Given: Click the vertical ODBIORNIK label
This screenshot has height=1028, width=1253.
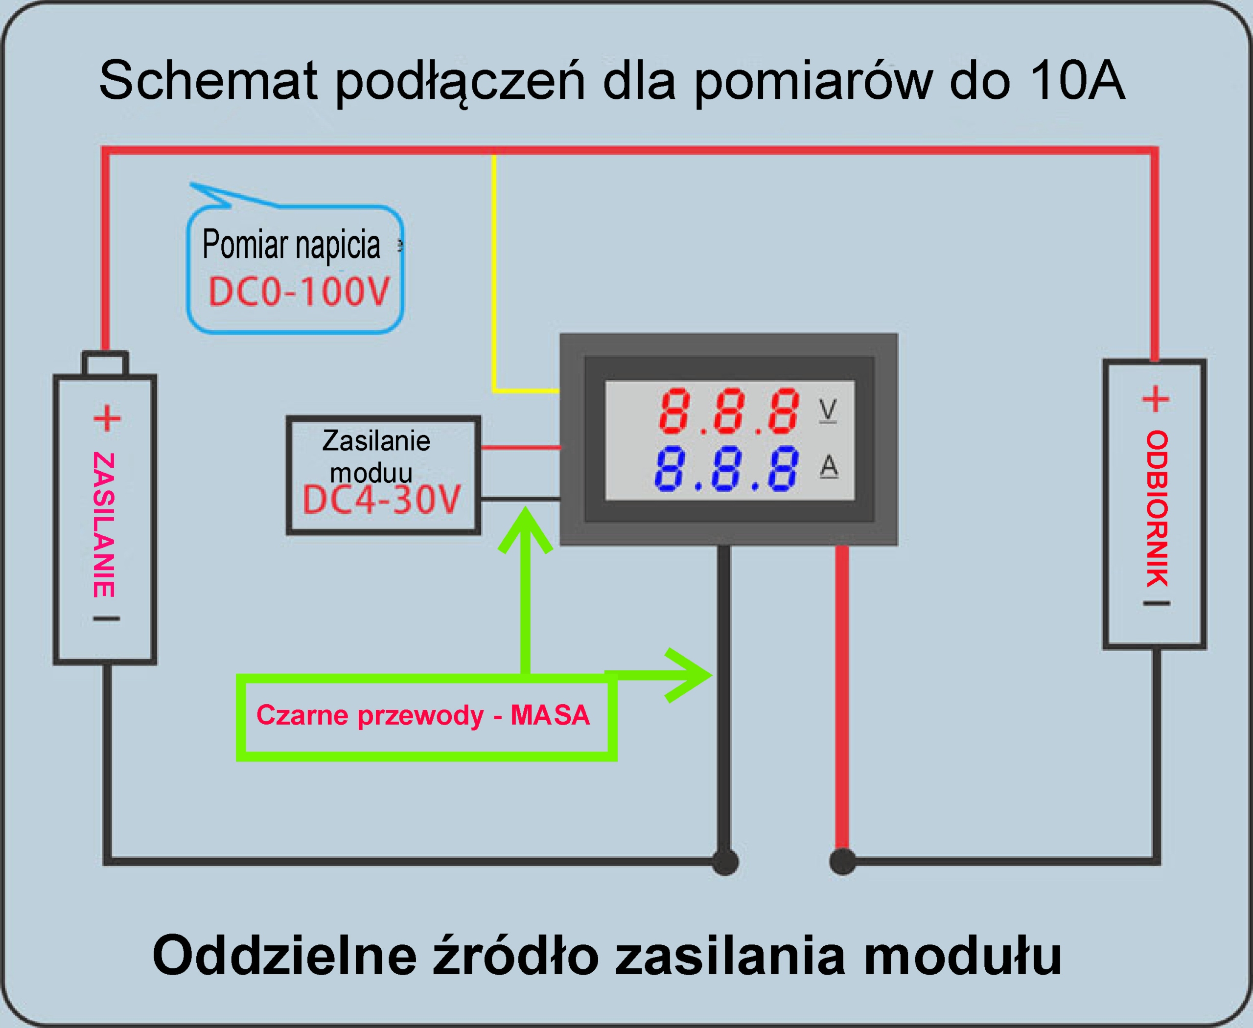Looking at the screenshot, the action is tap(1157, 509).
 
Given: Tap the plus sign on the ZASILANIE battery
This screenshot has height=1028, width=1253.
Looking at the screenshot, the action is tap(107, 419).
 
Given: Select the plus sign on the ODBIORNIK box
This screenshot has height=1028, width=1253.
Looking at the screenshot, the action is tap(1156, 399).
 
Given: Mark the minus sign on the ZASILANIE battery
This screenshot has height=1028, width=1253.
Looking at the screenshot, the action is tap(107, 619).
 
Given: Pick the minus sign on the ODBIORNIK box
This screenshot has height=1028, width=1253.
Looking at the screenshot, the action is tap(1157, 603).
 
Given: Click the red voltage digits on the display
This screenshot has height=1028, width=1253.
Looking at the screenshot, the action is tap(729, 411).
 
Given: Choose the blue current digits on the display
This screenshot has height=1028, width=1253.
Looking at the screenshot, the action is tap(726, 469).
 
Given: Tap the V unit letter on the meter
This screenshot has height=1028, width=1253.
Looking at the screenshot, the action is tap(828, 409).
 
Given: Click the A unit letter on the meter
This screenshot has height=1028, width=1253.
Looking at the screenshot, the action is tap(829, 466).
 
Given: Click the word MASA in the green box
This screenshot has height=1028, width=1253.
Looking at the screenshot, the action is tap(550, 715).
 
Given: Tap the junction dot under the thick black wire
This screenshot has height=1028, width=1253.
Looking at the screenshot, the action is tap(725, 862).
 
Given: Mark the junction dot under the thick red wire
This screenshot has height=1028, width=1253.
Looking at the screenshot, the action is tap(842, 862).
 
